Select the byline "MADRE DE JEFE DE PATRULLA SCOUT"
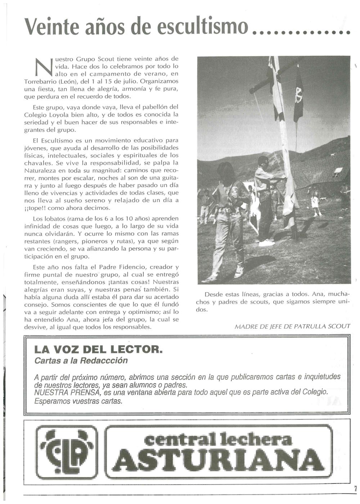(x=292, y=326)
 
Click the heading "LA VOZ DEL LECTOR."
(x=97, y=349)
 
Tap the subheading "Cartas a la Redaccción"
(x=81, y=360)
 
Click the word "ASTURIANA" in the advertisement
(x=220, y=457)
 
